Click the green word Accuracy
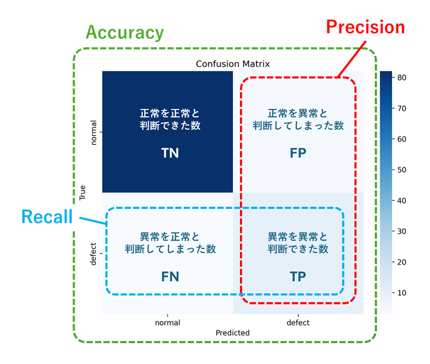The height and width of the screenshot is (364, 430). tap(125, 33)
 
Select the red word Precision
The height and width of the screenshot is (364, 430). tap(365, 27)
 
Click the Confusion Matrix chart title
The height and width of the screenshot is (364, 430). tap(233, 64)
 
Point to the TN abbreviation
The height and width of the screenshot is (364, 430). tap(170, 153)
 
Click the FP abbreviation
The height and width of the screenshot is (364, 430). tap(298, 153)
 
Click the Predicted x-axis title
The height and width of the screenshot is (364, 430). tap(232, 333)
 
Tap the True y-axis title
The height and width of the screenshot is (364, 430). tap(83, 192)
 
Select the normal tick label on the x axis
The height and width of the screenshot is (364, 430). tap(167, 323)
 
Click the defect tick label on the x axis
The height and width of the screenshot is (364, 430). tap(298, 323)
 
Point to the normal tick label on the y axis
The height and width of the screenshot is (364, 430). tap(93, 132)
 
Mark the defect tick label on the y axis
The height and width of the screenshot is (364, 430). tap(93, 254)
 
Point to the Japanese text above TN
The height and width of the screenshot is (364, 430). tap(170, 120)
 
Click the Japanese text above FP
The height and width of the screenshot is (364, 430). tap(298, 120)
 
